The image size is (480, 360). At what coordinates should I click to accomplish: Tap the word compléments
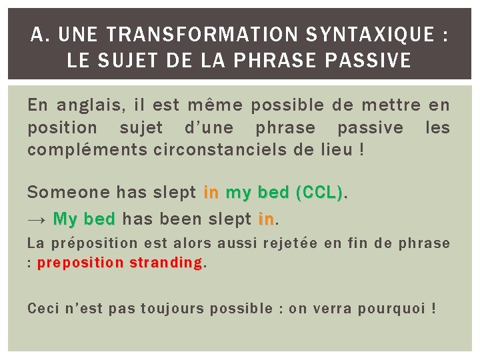[x=88, y=149]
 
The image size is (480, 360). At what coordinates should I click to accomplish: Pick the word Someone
[x=68, y=193]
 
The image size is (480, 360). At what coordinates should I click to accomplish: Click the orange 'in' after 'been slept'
[x=266, y=219]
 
